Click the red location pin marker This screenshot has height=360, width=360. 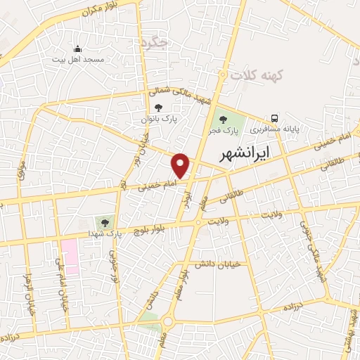(x=181, y=165)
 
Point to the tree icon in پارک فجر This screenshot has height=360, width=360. (x=224, y=118)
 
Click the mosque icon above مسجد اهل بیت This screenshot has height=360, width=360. (x=78, y=49)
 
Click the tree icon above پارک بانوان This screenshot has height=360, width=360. (x=157, y=108)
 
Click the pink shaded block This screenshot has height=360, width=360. (x=70, y=255)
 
